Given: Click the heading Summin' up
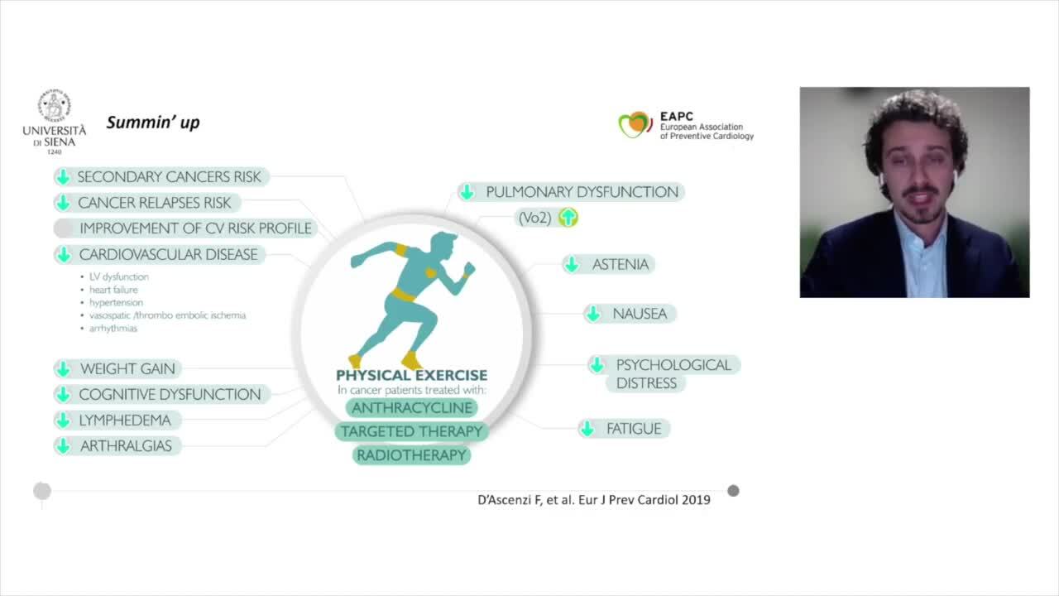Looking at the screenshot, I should click(153, 123).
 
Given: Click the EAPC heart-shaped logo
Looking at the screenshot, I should click(635, 124).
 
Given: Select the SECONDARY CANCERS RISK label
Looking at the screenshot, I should click(169, 176).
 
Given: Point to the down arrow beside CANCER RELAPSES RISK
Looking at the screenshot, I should click(63, 203).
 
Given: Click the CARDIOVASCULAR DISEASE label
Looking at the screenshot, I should click(168, 254).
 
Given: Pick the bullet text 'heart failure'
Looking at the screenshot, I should click(113, 290).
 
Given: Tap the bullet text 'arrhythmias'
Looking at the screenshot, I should click(113, 328).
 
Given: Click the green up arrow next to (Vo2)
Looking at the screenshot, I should click(568, 218).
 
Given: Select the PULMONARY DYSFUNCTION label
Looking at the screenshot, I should click(582, 192).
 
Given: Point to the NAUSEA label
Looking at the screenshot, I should click(640, 314).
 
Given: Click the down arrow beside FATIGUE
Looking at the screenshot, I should click(587, 429).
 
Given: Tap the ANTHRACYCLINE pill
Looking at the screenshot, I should click(412, 407).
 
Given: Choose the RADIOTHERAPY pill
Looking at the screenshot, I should click(412, 455).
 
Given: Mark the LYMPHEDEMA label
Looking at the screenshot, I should click(125, 420).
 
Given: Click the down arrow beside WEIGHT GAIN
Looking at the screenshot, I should click(63, 369).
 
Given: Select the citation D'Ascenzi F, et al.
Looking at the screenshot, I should click(593, 500).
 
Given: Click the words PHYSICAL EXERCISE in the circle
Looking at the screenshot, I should click(411, 375).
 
